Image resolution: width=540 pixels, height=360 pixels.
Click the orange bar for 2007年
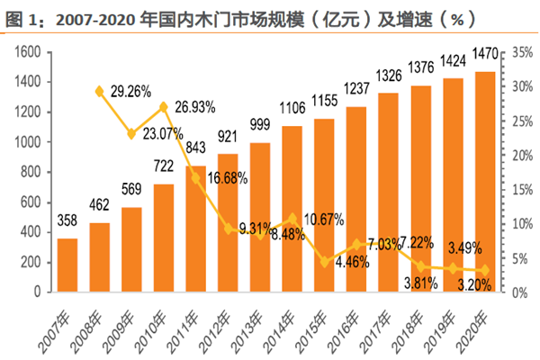coord(67,265)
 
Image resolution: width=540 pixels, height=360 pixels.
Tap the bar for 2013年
coord(260,217)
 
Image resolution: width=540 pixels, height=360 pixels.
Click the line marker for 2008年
coord(99,91)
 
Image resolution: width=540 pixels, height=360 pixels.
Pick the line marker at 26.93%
coord(164,107)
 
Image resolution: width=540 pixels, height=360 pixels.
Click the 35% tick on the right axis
coord(519,53)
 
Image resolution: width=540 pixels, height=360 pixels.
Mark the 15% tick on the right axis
coord(519,190)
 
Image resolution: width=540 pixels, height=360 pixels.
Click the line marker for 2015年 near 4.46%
coord(324,261)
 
